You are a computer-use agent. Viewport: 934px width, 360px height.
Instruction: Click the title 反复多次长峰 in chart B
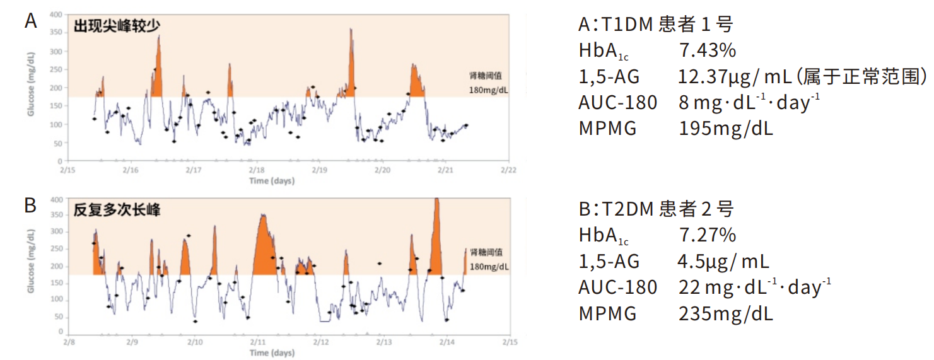[117, 210]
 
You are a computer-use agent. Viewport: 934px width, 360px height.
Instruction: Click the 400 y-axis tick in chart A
[56, 14]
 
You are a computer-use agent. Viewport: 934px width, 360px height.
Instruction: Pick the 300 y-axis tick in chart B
[56, 232]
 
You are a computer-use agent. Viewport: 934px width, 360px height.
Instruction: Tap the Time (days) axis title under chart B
[272, 353]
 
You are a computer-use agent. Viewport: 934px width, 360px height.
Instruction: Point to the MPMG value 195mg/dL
[726, 129]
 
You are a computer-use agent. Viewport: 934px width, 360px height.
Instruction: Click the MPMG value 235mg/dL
[726, 313]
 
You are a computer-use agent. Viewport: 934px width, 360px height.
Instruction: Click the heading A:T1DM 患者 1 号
[656, 25]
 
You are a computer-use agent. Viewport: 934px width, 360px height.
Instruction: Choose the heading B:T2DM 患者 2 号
[657, 209]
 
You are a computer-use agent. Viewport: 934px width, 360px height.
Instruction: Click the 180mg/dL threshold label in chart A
[488, 90]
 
